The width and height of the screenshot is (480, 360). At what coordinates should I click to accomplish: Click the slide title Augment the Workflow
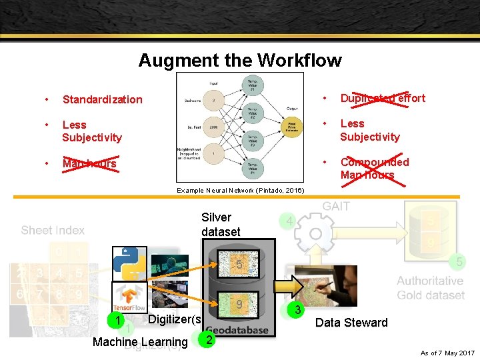pos(240,61)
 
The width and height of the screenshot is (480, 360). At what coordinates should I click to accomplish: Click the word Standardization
pos(102,99)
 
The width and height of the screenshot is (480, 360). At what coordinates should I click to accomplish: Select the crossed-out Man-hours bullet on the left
pos(89,163)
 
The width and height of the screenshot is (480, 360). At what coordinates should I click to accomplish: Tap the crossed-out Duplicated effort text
pos(382,98)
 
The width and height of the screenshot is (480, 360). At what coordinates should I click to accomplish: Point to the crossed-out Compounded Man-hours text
pos(374,169)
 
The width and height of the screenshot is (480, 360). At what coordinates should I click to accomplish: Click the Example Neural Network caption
pos(240,191)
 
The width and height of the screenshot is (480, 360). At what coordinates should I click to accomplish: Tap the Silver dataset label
pos(220,225)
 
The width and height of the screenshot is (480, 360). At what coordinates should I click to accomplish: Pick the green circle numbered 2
pos(209,339)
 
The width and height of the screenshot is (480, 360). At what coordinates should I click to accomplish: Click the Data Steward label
pos(351,323)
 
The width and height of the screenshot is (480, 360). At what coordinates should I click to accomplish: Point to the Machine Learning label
pos(140,342)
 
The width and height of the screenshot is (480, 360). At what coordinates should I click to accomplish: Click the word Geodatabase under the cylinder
pos(237,330)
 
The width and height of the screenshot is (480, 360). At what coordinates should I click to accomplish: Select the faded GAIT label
pos(335,207)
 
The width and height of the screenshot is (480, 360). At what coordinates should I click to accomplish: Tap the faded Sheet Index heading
pos(53,230)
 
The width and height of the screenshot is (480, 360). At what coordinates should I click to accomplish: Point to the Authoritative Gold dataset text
pos(430,288)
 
